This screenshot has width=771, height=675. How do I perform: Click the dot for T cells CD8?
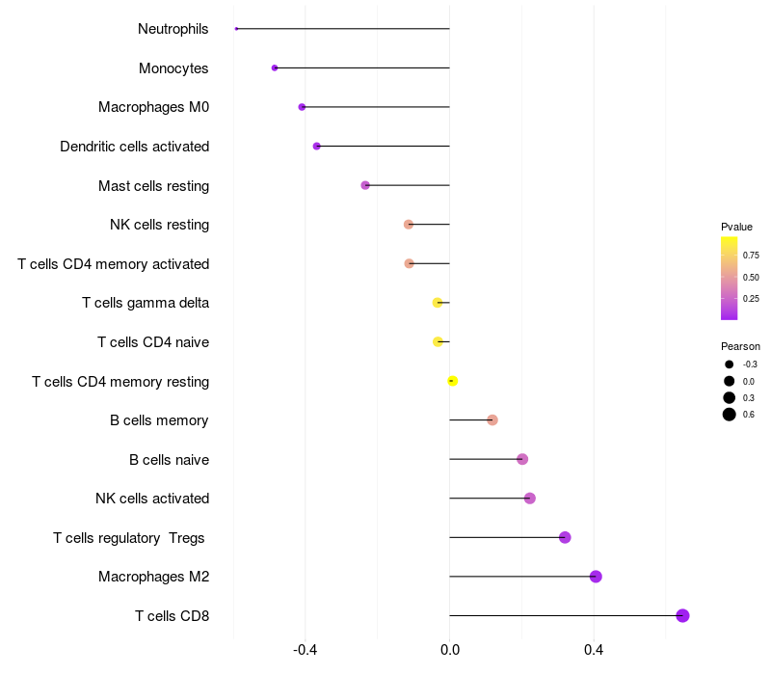point(682,615)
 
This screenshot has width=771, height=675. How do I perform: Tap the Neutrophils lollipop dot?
point(236,29)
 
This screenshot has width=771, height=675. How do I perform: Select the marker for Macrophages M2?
point(596,577)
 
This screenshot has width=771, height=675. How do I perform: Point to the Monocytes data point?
point(275,68)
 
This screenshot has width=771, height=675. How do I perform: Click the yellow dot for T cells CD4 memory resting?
point(453,381)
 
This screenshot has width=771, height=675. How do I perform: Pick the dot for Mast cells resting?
point(365,185)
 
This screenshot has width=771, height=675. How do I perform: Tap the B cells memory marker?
point(492,420)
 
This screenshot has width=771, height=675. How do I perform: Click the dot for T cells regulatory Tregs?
point(565,537)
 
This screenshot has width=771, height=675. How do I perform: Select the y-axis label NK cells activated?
point(152,499)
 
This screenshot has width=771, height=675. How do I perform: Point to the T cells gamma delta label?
point(146,303)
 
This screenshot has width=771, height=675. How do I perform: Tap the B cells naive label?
point(169,459)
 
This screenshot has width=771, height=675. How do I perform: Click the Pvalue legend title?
point(736,227)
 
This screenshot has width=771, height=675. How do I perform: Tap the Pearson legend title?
point(740,346)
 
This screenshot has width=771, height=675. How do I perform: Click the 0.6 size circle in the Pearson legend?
point(730,415)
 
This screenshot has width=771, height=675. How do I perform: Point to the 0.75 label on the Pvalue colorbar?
point(751,256)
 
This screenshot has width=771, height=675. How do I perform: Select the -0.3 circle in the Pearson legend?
point(730,364)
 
